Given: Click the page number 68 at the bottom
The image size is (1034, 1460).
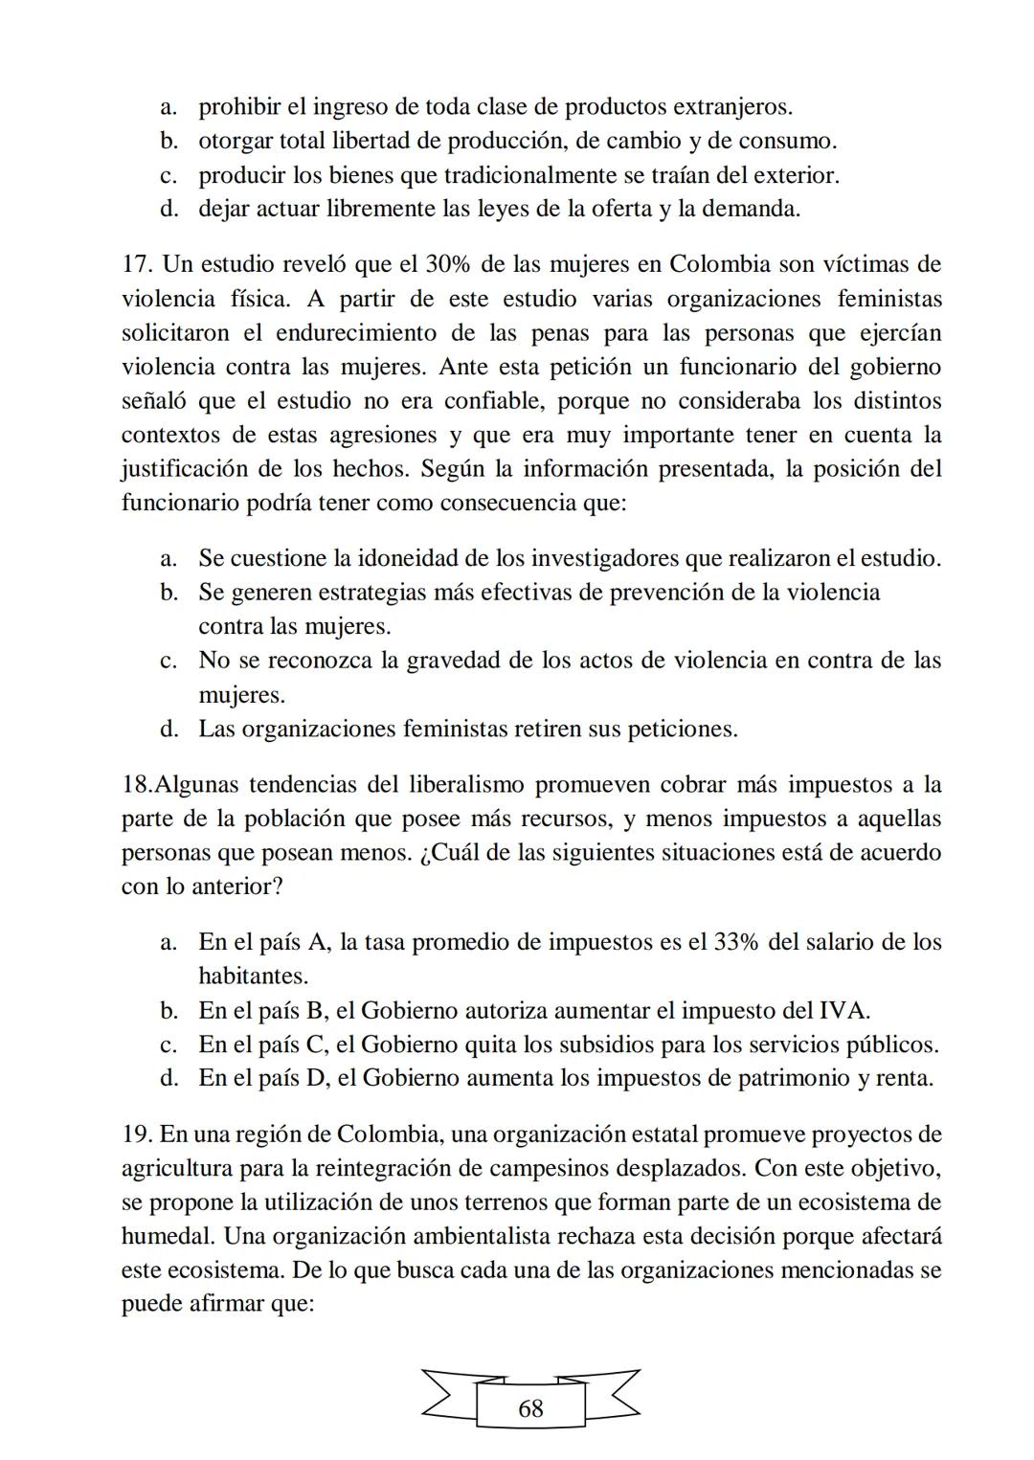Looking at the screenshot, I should [x=529, y=1408].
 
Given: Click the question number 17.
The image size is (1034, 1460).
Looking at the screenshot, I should [x=137, y=264].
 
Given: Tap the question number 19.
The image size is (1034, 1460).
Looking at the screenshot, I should [x=137, y=1134].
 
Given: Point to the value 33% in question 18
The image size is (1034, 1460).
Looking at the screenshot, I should [x=736, y=942].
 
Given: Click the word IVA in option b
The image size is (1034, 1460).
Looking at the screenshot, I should [x=843, y=1010].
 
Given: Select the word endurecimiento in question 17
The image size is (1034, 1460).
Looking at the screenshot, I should [x=363, y=333].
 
